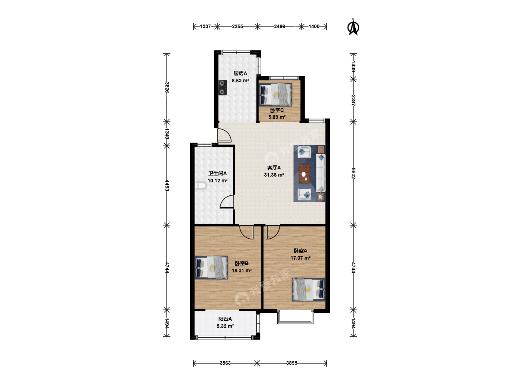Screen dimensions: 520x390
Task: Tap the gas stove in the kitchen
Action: point(222,87)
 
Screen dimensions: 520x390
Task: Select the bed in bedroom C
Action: point(275,94)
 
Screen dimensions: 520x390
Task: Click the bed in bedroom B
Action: point(211,267)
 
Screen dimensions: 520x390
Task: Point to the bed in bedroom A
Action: point(308,289)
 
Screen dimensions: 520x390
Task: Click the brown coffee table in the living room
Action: point(304,174)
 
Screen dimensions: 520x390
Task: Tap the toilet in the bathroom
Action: point(200,185)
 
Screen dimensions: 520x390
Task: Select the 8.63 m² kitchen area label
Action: point(240,81)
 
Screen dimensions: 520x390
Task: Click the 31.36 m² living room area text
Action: point(274,175)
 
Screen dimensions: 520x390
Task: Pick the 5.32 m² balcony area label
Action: point(225,326)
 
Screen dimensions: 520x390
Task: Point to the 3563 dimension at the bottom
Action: point(225,363)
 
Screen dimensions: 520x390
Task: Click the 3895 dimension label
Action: point(292,363)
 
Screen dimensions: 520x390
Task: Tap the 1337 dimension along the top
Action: point(205,26)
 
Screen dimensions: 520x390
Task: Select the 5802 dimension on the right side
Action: point(353,173)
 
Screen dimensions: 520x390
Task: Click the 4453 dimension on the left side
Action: point(167,185)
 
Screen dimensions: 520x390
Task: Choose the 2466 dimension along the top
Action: point(279,26)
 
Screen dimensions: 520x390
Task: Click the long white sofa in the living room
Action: point(321,173)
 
